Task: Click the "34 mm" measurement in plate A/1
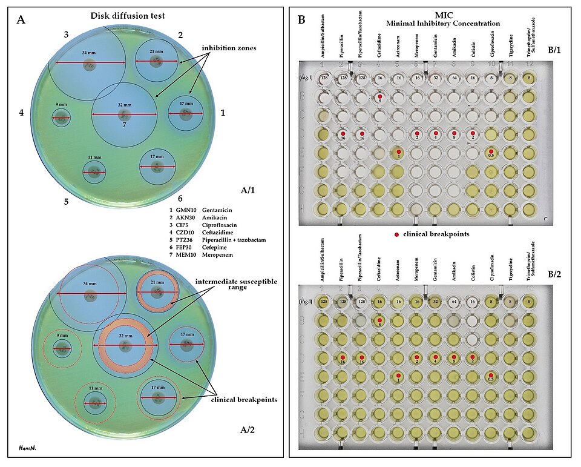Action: click(x=90, y=53)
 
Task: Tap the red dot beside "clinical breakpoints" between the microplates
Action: click(x=396, y=233)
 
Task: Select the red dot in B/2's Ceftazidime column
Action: click(x=379, y=320)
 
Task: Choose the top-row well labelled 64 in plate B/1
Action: click(x=454, y=78)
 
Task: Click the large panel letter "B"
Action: click(x=302, y=19)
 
